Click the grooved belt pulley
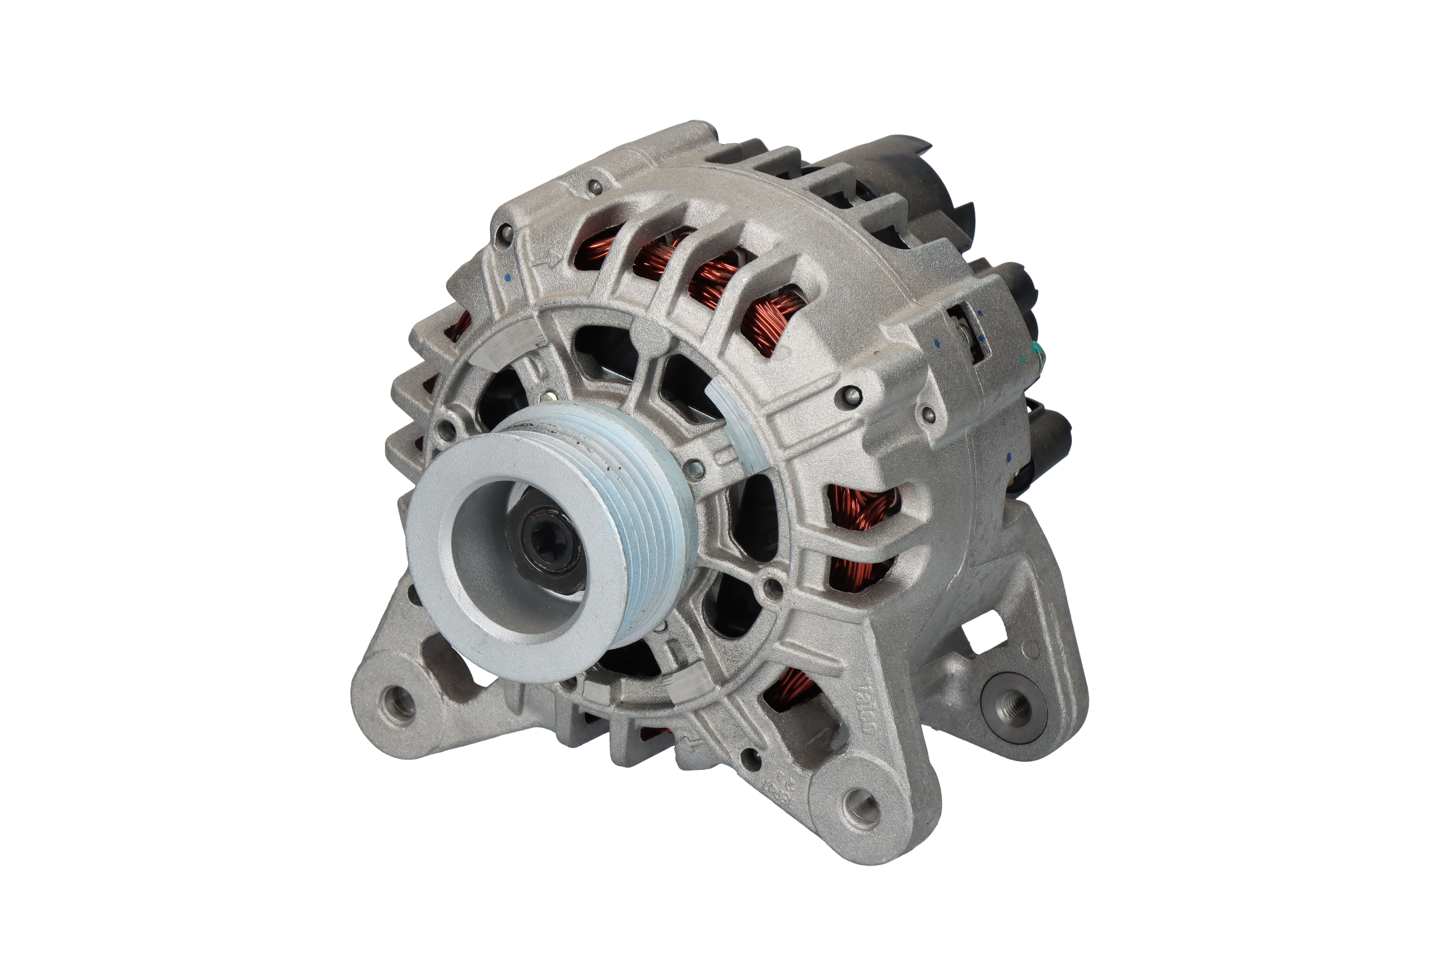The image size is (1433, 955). tap(609, 518)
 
